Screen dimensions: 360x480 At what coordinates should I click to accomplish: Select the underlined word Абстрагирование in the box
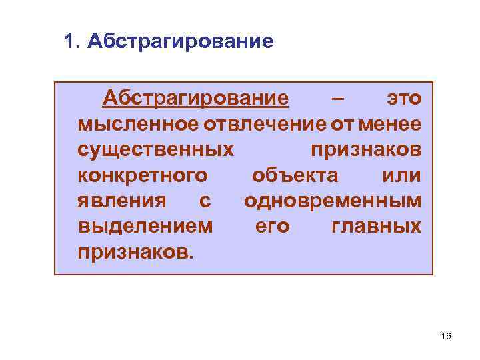[x=195, y=99]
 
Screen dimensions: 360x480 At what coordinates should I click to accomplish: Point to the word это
[x=404, y=99]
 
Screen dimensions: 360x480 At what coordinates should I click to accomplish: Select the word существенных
[x=156, y=150]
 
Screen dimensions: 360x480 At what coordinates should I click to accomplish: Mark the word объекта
[x=295, y=175]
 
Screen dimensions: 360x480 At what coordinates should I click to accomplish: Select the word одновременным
[x=333, y=201]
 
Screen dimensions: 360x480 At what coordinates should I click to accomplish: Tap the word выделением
[x=146, y=226]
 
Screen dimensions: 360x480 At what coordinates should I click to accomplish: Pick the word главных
[x=376, y=226]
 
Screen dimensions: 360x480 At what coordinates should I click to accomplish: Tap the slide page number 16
[x=446, y=336]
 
